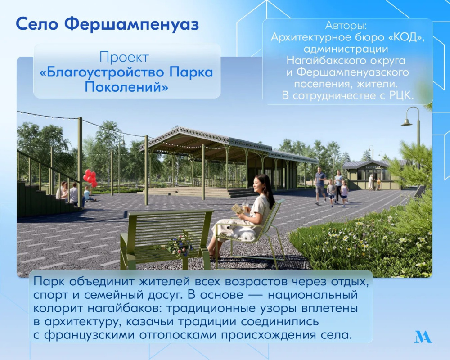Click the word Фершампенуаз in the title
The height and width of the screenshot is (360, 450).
pyautogui.click(x=131, y=24)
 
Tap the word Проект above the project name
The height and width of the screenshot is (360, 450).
pyautogui.click(x=124, y=58)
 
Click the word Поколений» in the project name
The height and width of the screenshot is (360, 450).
pyautogui.click(x=126, y=87)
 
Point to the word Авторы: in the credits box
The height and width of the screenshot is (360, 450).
pyautogui.click(x=346, y=26)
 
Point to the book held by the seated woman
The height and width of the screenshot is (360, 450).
pyautogui.click(x=238, y=209)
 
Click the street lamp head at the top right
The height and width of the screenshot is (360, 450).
pyautogui.click(x=406, y=121)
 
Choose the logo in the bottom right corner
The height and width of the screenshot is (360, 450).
pyautogui.click(x=423, y=337)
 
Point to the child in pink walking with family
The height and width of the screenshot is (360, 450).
pyautogui.click(x=344, y=193)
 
